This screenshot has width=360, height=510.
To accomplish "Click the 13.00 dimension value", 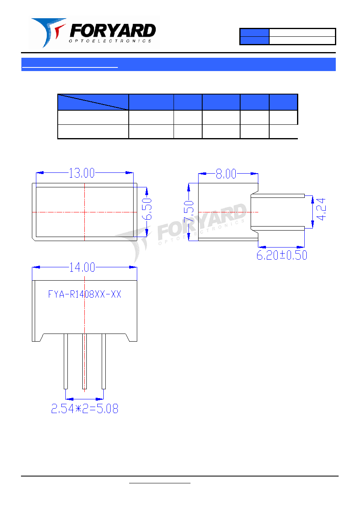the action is click(82, 173).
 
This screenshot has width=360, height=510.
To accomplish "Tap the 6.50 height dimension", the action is click(147, 209).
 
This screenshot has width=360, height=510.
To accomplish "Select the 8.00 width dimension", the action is click(226, 174).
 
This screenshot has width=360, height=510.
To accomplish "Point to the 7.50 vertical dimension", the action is click(188, 211).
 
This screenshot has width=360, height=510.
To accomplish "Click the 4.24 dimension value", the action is click(321, 209).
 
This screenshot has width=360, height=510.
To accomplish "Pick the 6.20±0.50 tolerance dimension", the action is click(282, 255).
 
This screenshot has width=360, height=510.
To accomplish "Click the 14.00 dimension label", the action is click(82, 267).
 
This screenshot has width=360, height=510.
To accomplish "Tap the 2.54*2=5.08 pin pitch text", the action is click(85, 409).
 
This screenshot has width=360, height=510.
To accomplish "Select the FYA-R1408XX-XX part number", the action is click(84, 294).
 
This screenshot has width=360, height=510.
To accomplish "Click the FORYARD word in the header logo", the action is click(113, 31).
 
